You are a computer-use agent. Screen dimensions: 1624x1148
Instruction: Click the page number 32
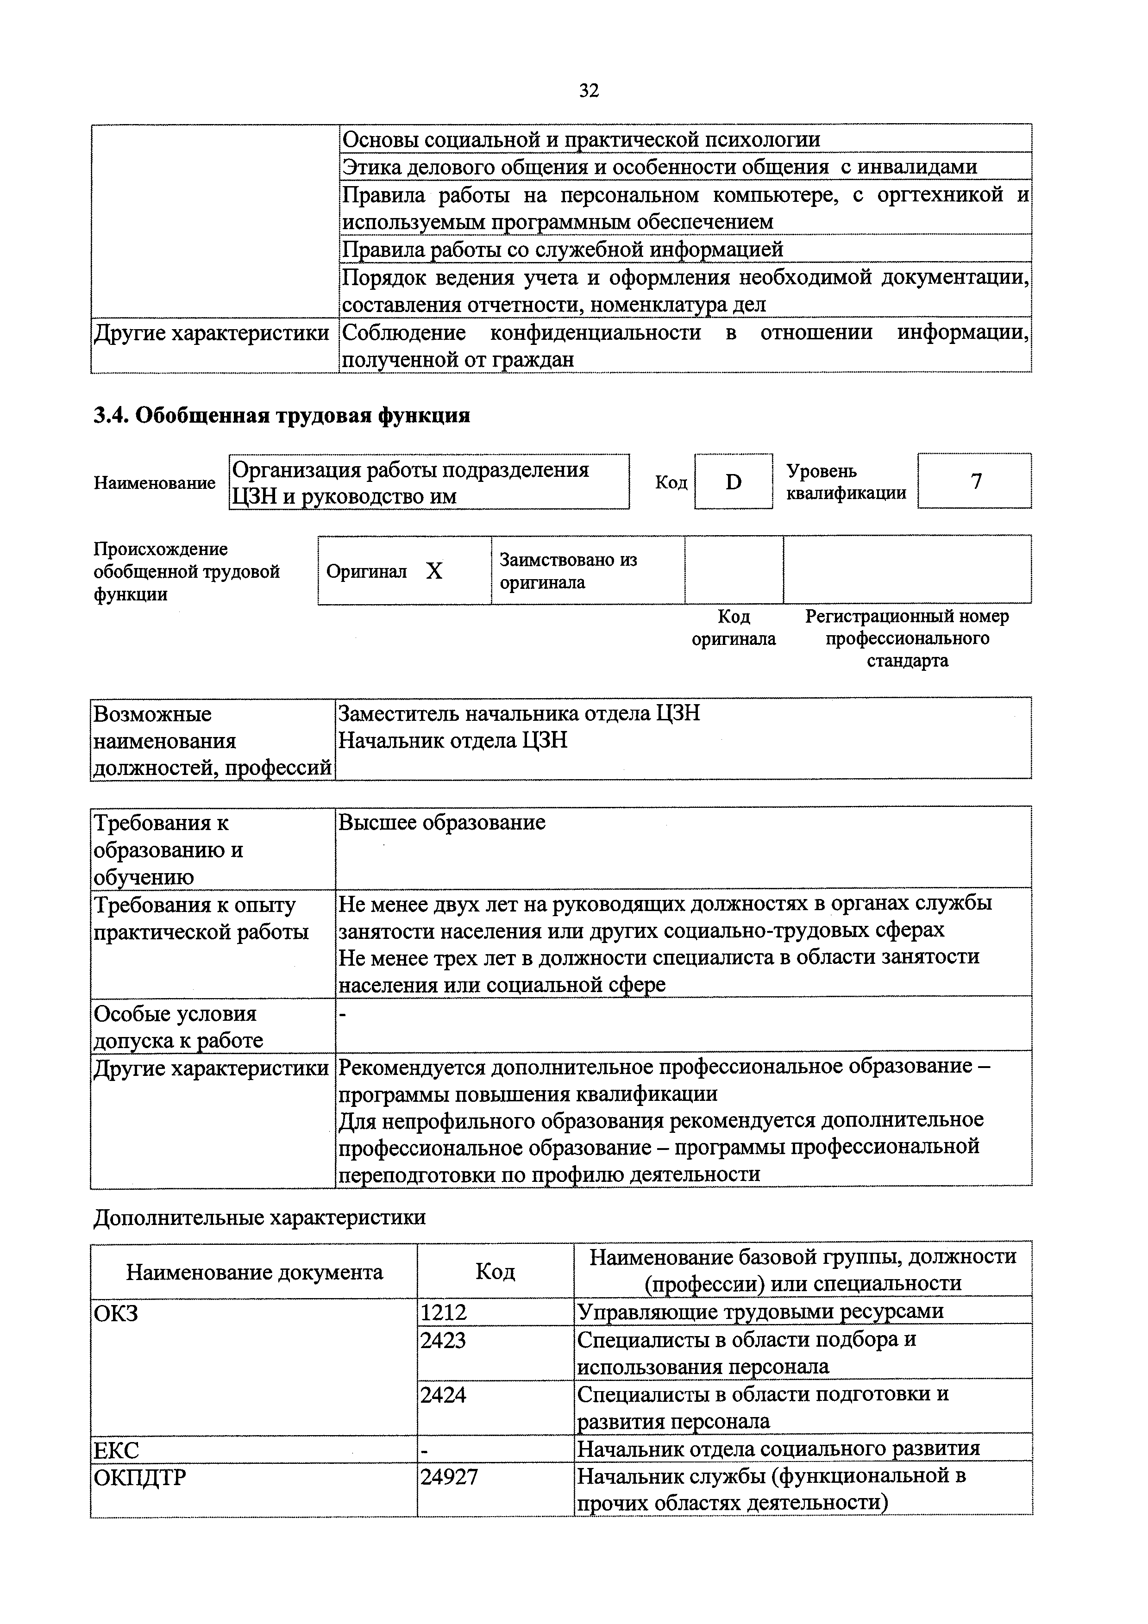point(589,91)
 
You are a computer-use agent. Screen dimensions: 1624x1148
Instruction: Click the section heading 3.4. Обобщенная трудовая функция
point(282,415)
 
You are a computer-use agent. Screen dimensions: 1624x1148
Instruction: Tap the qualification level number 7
point(975,481)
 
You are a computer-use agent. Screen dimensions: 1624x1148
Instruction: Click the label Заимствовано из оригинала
point(568,571)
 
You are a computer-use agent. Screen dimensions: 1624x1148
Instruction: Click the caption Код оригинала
point(734,627)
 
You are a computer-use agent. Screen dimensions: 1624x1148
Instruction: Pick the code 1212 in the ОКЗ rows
point(444,1313)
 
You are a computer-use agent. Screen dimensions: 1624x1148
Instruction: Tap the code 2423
point(444,1340)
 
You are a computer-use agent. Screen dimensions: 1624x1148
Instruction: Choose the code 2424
point(444,1395)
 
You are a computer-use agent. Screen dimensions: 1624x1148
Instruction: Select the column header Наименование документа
point(255,1273)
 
